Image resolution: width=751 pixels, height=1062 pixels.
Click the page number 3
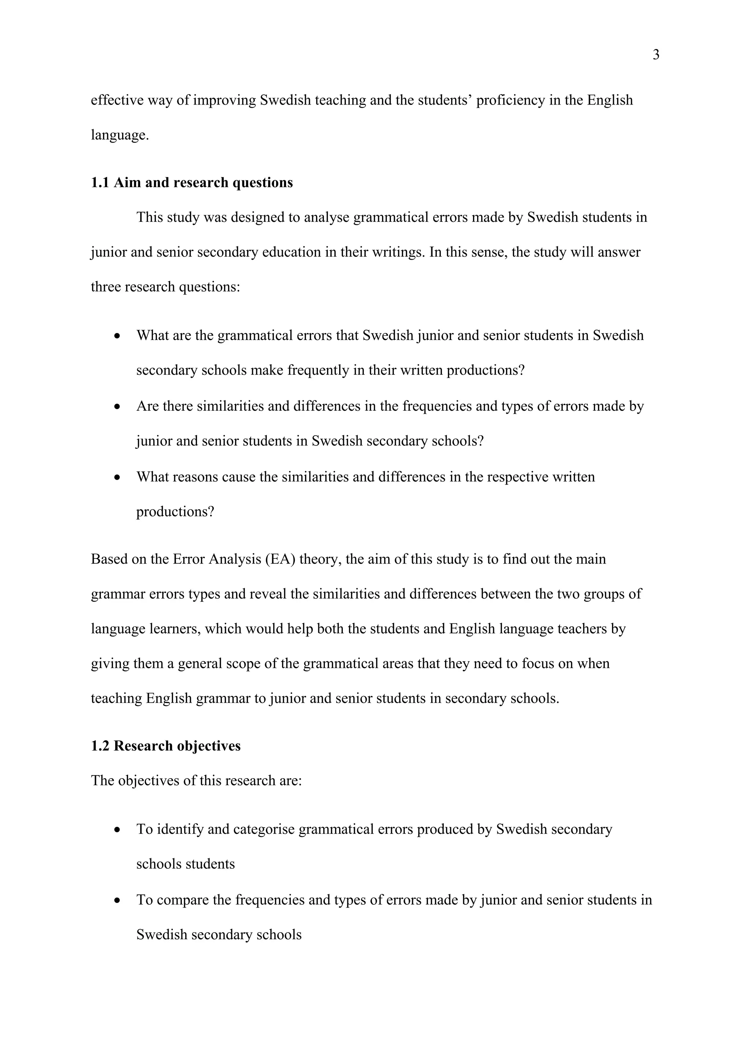tap(656, 55)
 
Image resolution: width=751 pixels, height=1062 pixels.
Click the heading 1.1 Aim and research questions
tap(192, 183)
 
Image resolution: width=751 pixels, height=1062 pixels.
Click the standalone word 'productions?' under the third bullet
tap(175, 512)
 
